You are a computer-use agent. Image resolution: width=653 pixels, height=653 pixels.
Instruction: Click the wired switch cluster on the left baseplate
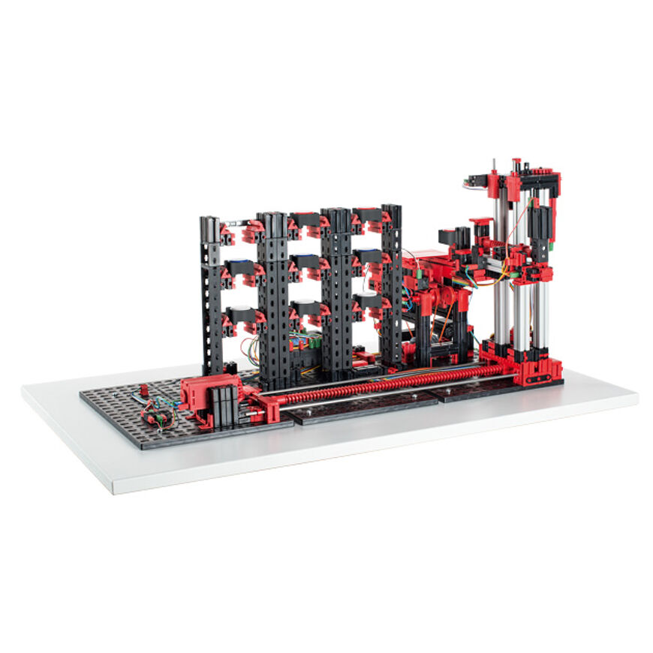pyautogui.click(x=158, y=412)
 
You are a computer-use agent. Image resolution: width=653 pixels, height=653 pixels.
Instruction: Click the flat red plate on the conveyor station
pyautogui.click(x=424, y=257)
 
